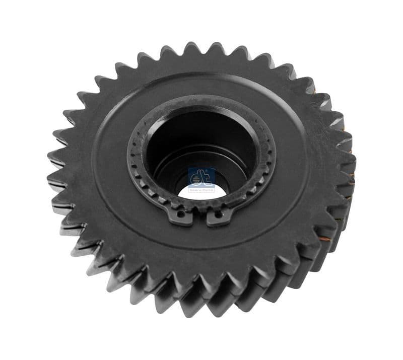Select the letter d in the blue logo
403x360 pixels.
[x=196, y=178]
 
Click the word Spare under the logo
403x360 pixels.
[x=195, y=190]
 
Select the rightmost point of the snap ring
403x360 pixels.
[x=274, y=151]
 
